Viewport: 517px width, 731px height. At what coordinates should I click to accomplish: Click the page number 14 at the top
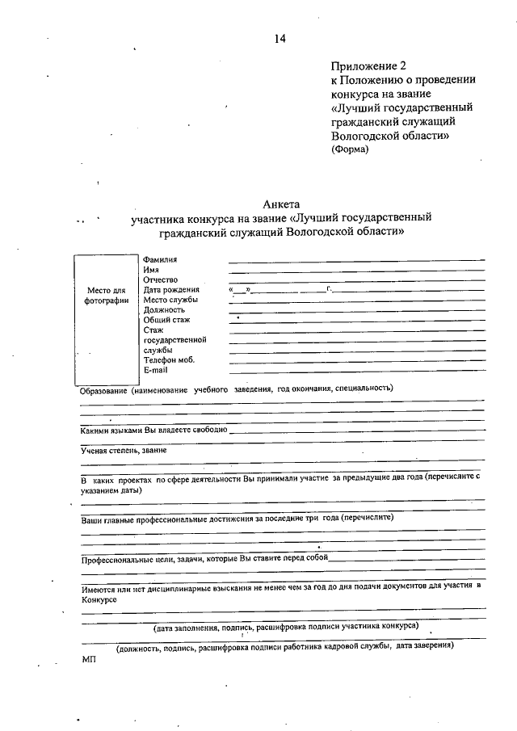[280, 38]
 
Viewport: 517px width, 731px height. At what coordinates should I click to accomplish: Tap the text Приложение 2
[366, 65]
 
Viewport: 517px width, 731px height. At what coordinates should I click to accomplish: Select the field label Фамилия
[160, 259]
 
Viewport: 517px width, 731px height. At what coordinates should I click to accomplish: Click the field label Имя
[151, 269]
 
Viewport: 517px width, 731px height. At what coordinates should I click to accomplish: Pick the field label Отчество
[161, 279]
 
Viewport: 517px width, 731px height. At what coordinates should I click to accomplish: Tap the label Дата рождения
[171, 289]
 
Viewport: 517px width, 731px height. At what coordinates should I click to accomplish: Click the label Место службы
[170, 300]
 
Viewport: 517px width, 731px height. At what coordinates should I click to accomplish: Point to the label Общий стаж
[167, 320]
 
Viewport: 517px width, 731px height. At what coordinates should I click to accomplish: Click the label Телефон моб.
[169, 360]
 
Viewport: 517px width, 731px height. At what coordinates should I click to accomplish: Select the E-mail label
[155, 370]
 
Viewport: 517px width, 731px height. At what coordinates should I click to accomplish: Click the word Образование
[102, 389]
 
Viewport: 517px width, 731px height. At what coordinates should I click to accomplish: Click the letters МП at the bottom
[88, 659]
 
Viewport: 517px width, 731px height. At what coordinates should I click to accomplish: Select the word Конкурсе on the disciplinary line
[99, 600]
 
